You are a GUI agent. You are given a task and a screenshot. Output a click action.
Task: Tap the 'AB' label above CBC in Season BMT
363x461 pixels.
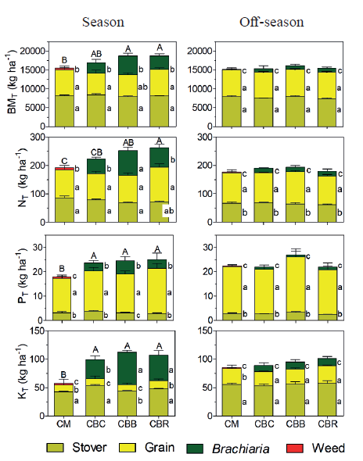click(x=96, y=55)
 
